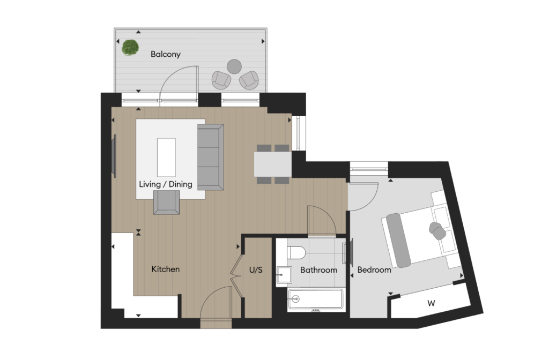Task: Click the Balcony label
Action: point(166,54)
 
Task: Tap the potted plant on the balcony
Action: point(130,47)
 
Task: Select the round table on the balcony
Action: point(234,66)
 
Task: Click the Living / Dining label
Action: point(166,184)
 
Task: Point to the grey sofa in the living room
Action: point(210,157)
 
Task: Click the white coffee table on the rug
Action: point(166,157)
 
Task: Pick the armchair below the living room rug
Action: point(166,202)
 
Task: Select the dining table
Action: point(273,164)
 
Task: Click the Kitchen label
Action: point(166,269)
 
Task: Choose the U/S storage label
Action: point(256,270)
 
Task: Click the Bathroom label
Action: point(318,270)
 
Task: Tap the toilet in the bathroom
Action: point(296,253)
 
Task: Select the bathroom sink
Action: point(284,275)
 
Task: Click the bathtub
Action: point(315,299)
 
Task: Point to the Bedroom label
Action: point(374,270)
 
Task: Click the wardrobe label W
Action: point(432,303)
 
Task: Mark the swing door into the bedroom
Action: point(364,196)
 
